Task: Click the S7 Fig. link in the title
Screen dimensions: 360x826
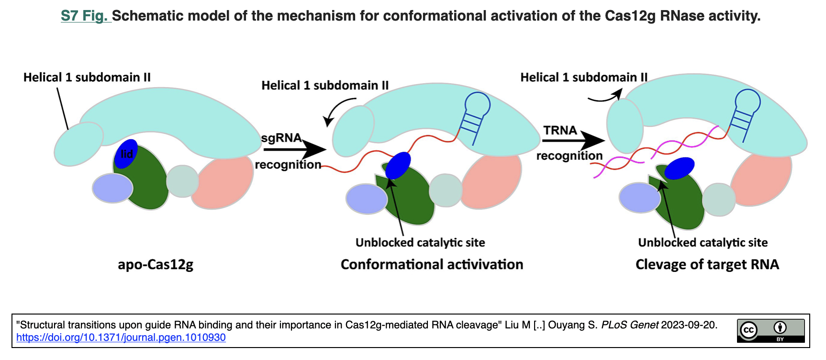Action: coord(85,16)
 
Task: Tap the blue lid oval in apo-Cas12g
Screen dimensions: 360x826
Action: coord(126,154)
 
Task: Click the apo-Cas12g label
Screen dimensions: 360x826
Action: coord(156,264)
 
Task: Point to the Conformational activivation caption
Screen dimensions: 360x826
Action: coord(432,264)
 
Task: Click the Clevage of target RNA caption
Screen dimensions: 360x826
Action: coord(707,264)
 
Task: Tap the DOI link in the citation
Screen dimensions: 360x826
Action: coord(121,337)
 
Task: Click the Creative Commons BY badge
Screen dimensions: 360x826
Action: coord(770,331)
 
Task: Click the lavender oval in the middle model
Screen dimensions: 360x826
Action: coord(367,199)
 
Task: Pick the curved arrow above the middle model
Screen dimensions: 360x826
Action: coord(338,109)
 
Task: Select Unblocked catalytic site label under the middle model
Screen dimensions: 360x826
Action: coord(420,242)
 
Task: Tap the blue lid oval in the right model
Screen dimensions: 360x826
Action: coord(679,168)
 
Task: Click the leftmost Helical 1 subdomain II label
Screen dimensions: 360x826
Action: coord(87,77)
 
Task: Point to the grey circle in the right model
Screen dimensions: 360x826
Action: coord(718,199)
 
